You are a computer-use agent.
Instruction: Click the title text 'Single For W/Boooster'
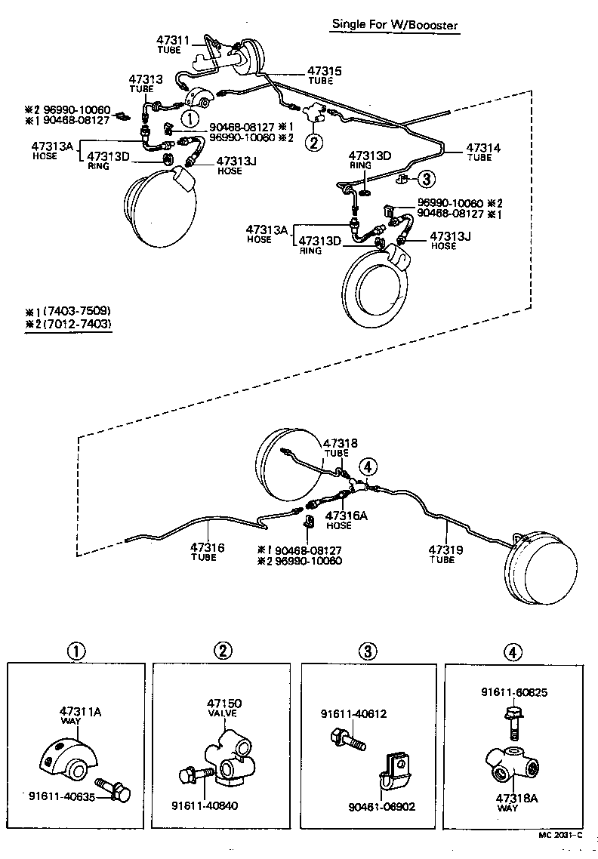(395, 25)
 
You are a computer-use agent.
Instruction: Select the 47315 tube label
(325, 72)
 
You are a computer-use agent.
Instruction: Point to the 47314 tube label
(483, 148)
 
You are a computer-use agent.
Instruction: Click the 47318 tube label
(341, 444)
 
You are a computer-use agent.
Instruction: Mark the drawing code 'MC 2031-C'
(558, 835)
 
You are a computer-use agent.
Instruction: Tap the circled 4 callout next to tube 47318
(368, 466)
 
